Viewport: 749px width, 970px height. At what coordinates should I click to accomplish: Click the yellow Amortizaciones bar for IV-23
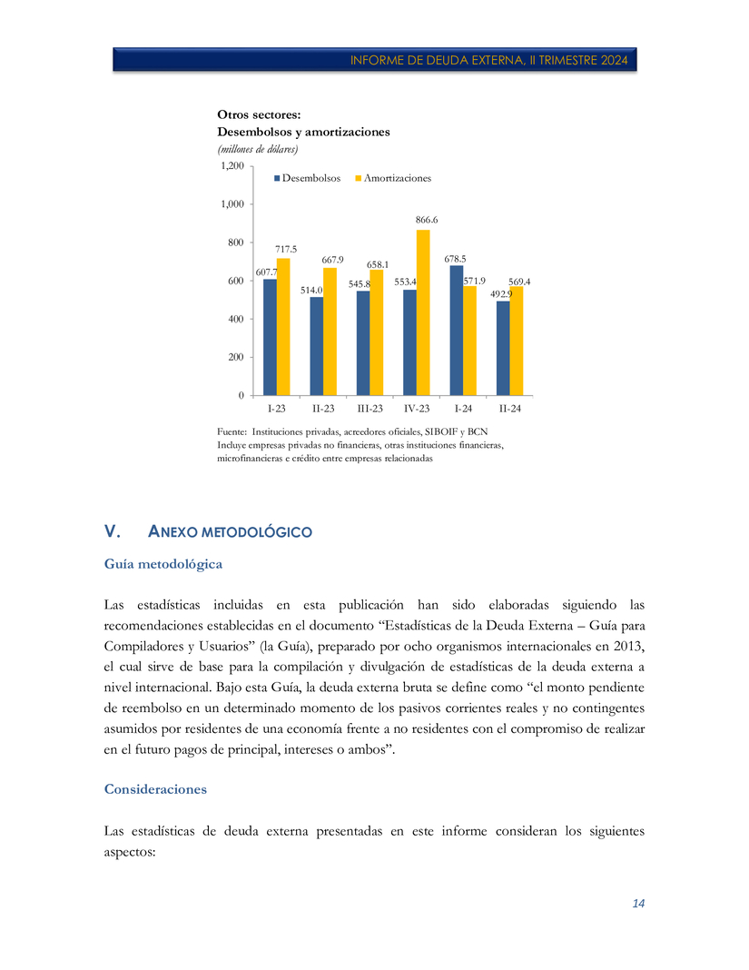(423, 312)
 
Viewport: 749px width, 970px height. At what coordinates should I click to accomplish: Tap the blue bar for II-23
(316, 346)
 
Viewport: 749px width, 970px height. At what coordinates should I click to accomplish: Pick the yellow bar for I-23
(283, 327)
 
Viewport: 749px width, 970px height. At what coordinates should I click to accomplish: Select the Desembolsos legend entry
(307, 178)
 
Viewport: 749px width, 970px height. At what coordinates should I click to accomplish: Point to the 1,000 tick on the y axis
(232, 204)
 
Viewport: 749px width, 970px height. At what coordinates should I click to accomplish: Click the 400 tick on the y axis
(234, 319)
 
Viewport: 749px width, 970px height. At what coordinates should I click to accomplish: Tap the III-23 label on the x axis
(370, 409)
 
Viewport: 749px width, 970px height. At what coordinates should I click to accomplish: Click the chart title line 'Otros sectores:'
(259, 114)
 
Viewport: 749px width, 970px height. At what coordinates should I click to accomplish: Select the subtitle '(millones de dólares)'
(258, 149)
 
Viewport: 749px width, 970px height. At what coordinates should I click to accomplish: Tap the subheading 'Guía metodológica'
(163, 564)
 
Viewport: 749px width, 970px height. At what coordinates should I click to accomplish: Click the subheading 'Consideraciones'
(155, 789)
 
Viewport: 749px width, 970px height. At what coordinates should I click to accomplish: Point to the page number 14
(638, 904)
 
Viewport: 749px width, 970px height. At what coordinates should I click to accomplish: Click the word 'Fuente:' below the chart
(232, 432)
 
